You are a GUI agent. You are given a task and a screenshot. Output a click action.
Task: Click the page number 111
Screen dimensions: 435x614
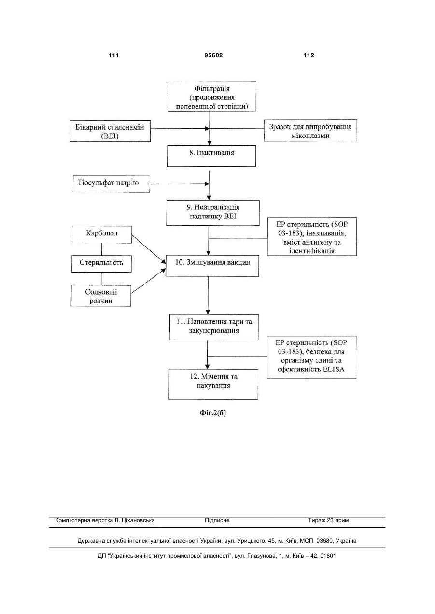[x=113, y=55]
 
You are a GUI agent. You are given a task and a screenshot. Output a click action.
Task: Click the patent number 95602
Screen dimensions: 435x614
[x=213, y=55]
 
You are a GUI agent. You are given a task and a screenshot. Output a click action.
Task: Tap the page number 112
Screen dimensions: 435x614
[x=309, y=55]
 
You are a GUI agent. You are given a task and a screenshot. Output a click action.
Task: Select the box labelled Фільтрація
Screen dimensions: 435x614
[x=212, y=96]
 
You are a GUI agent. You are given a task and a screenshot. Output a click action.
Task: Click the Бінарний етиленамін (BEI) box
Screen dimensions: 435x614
[x=110, y=131]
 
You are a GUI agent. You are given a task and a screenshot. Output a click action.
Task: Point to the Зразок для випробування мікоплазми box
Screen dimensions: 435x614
[x=310, y=130]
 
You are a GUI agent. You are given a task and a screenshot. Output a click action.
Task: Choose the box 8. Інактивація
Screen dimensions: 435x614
[x=211, y=156]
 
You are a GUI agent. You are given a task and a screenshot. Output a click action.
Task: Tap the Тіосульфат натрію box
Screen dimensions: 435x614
[x=112, y=184]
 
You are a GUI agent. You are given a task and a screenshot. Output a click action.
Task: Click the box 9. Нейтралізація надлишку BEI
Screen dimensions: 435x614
[x=213, y=213]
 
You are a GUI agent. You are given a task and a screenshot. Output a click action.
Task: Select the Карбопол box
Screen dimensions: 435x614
[x=102, y=234]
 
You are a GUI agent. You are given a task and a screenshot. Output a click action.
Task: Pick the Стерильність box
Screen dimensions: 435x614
[x=101, y=264]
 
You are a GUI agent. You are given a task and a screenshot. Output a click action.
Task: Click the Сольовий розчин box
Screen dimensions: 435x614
[x=101, y=295]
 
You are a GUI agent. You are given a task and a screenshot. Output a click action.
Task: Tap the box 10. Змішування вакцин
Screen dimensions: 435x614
[x=212, y=266]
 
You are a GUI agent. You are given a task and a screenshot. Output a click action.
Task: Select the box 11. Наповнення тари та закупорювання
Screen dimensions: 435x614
[x=213, y=327]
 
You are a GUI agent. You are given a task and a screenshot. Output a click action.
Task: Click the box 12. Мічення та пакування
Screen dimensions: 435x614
[x=213, y=384]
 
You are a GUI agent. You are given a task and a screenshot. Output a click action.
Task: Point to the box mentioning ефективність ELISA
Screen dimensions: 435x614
[x=311, y=357]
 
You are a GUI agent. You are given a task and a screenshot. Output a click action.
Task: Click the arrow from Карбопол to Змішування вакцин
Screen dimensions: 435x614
[x=149, y=249]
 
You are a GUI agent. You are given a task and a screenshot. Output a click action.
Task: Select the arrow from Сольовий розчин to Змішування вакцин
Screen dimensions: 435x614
[x=148, y=281]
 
